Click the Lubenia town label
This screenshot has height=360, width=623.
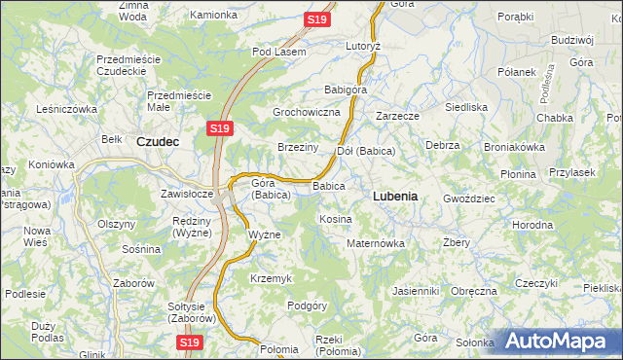pos(395,196)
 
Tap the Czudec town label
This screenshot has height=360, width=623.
pos(157,140)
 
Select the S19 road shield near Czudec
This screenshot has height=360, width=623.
pos(219,127)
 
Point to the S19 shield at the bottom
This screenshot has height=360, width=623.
pos(190,342)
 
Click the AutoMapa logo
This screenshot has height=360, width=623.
pos(559,342)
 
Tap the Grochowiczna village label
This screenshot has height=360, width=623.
pos(306,113)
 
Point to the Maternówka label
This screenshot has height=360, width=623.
pos(375,243)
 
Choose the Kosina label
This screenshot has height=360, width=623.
pos(335,219)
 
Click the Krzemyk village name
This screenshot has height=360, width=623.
pos(271,278)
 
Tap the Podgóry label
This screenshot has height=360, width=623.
pos(307,306)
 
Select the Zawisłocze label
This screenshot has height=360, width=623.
pos(187,193)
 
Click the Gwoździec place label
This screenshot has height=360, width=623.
pos(469,198)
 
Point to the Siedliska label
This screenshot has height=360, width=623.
pos(465,107)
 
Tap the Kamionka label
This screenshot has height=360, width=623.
pos(213,16)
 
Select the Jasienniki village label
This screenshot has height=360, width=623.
pos(417,291)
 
